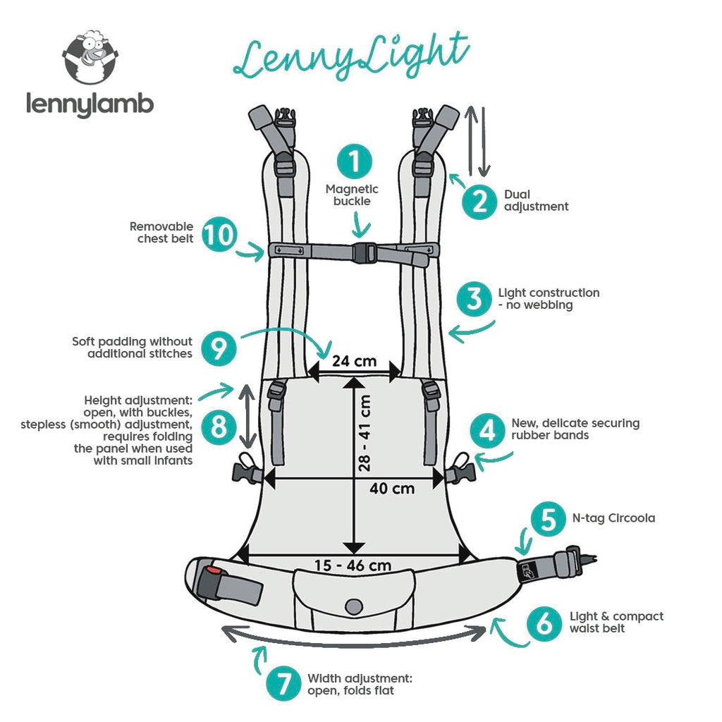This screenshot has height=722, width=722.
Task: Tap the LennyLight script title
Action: click(350, 55)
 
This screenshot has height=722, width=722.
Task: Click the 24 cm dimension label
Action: click(354, 362)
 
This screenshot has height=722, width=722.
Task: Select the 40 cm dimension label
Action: click(392, 488)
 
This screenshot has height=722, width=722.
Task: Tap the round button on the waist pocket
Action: click(353, 606)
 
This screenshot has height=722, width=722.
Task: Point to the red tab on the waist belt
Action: click(212, 568)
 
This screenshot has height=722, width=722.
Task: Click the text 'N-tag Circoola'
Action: click(613, 518)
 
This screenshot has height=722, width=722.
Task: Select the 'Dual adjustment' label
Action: click(536, 200)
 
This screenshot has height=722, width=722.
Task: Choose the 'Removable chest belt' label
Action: click(161, 233)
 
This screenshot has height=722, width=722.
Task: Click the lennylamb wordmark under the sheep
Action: click(90, 104)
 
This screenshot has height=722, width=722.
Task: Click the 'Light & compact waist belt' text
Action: click(616, 622)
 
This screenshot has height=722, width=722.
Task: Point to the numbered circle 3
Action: click(475, 299)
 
